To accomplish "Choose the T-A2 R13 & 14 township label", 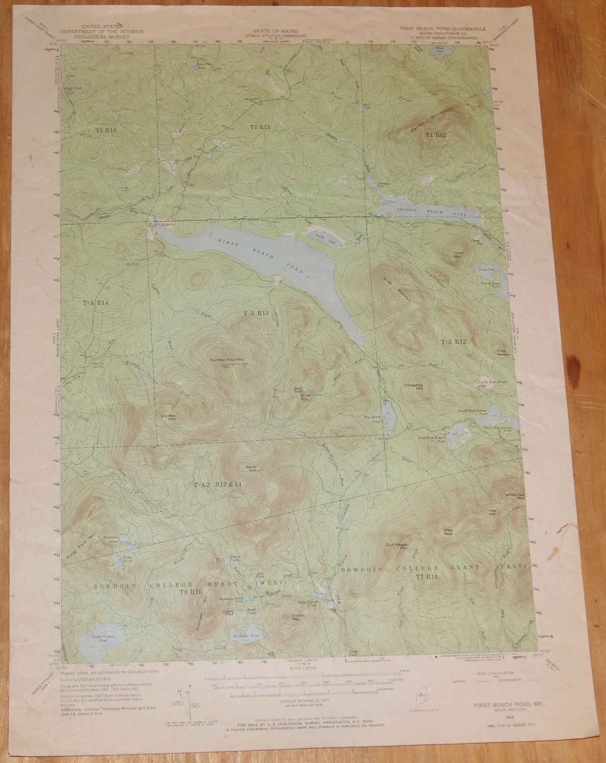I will [218, 485].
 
